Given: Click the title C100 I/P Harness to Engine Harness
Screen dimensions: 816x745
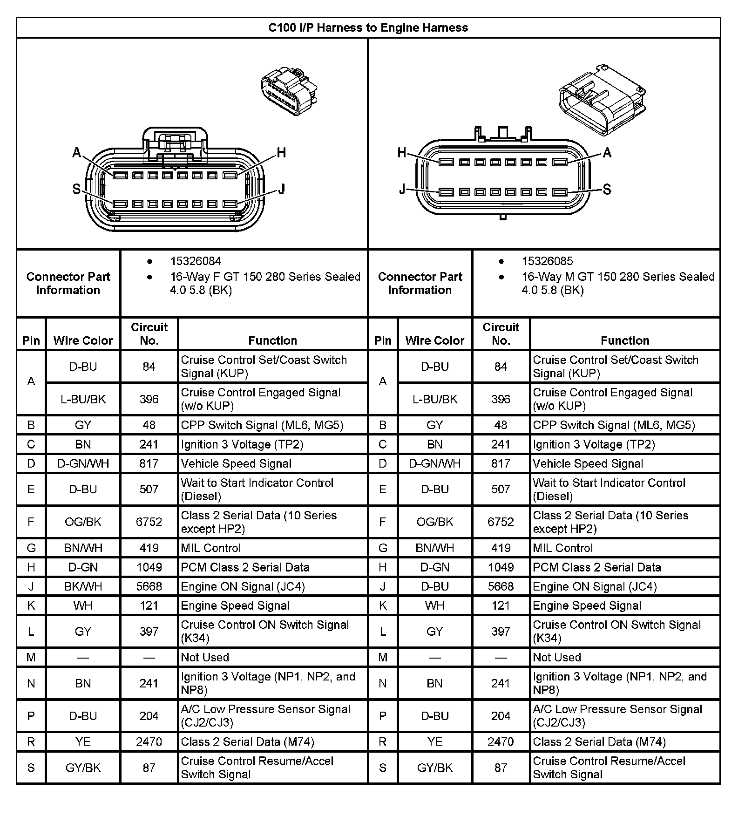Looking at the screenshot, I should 368,28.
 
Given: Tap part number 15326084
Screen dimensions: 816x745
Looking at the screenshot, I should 196,261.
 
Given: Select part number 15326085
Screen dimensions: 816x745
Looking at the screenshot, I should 547,261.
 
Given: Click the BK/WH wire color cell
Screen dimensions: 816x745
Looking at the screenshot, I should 83,586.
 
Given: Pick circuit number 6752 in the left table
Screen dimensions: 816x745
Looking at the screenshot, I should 149,522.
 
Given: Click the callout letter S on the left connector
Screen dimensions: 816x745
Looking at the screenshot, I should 77,189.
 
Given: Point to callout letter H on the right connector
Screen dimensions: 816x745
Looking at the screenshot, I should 402,153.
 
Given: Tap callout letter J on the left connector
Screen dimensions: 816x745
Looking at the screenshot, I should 281,189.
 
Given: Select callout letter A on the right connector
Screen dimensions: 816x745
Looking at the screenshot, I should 607,153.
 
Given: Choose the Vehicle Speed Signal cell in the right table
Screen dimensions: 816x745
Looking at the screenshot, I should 588,464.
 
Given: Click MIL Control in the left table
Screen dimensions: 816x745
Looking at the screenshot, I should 211,548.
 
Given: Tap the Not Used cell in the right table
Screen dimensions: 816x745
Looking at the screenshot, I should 557,657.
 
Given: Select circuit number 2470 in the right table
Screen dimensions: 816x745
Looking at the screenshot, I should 501,741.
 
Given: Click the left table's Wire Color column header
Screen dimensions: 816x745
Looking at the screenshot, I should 83,340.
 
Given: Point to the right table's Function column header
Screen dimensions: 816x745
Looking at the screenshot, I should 625,340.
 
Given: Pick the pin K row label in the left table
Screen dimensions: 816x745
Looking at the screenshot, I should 31,605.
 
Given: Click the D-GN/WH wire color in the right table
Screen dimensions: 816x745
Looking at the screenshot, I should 434,464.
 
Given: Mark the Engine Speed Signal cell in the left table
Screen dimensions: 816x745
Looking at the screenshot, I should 235,605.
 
